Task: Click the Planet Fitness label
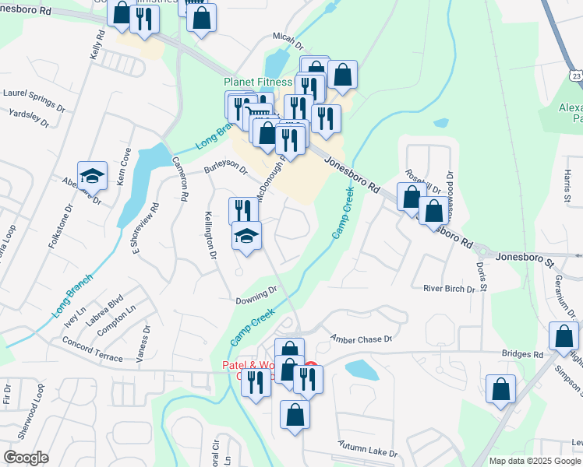click(x=257, y=81)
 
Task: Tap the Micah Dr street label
click(x=287, y=37)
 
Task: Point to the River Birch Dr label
click(x=449, y=289)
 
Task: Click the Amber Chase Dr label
click(x=359, y=339)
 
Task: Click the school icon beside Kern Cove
click(x=92, y=176)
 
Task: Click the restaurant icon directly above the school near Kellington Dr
click(x=243, y=211)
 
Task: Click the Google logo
click(x=26, y=458)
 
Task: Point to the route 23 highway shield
click(x=575, y=75)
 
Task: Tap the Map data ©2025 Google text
click(x=535, y=461)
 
